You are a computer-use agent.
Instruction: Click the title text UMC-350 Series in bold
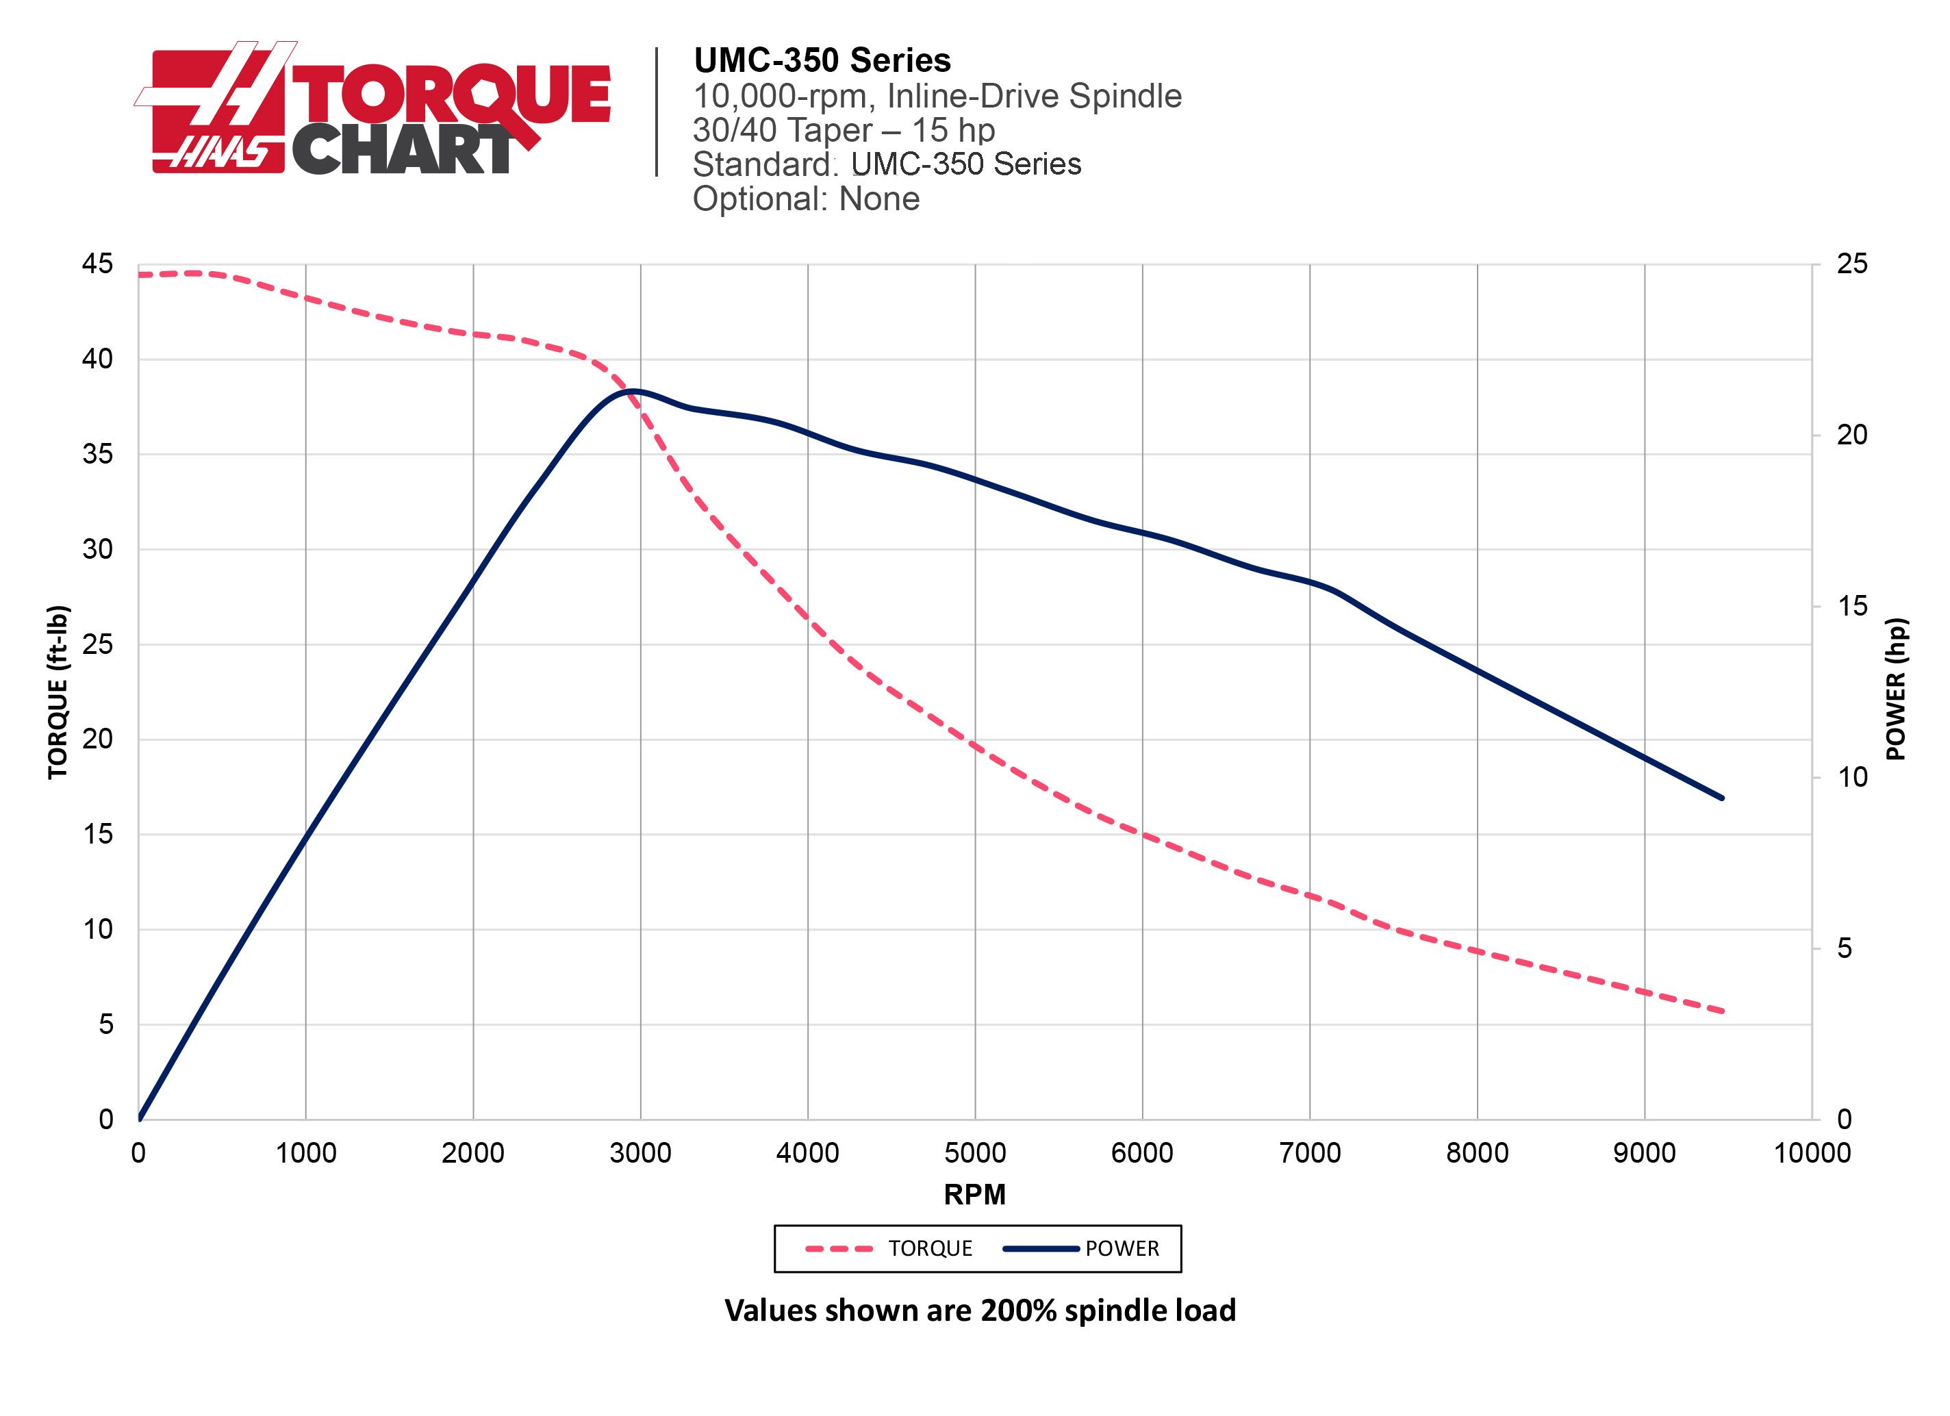(x=822, y=60)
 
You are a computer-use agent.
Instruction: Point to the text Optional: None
(x=806, y=199)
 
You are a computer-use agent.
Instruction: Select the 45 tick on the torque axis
(x=97, y=264)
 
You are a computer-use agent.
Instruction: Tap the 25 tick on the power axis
(x=1852, y=264)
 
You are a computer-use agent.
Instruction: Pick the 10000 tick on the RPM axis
(x=1812, y=1153)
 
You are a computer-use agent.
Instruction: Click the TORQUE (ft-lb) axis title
(x=58, y=692)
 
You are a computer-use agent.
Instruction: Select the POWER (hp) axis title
(x=1896, y=690)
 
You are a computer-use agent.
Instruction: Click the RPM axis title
(x=974, y=1194)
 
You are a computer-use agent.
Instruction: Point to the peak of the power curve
(x=633, y=391)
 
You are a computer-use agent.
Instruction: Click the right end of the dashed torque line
(x=1722, y=1011)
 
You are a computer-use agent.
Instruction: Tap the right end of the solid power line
(x=1722, y=798)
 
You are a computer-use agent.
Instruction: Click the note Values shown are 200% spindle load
(x=980, y=1311)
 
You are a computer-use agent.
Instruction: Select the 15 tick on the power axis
(x=1852, y=606)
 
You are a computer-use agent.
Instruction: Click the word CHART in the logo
(x=403, y=149)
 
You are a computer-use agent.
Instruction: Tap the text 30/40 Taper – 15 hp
(x=844, y=131)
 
